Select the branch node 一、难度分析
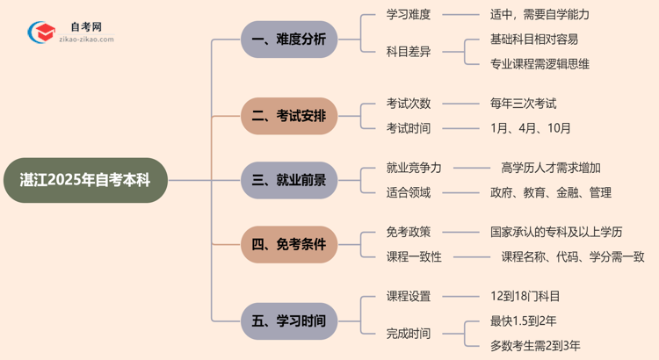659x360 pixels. click(x=289, y=40)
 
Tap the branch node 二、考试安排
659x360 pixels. click(x=289, y=116)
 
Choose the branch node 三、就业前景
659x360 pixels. click(x=289, y=180)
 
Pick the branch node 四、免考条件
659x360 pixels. click(x=289, y=244)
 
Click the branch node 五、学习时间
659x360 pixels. click(x=289, y=321)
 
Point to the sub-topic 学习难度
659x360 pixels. click(x=409, y=14)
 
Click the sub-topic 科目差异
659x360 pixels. click(x=409, y=51)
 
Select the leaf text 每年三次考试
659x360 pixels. click(x=524, y=104)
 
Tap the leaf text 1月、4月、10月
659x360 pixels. click(x=531, y=128)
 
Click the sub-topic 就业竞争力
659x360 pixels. click(x=414, y=168)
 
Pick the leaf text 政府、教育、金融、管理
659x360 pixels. click(x=550, y=192)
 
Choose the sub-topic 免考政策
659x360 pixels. click(x=409, y=232)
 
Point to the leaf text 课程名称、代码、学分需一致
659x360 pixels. click(x=573, y=256)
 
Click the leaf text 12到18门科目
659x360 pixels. click(x=525, y=296)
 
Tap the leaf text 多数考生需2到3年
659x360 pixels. click(x=535, y=345)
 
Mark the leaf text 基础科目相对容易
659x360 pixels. click(x=534, y=39)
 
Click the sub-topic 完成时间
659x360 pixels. click(x=409, y=333)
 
